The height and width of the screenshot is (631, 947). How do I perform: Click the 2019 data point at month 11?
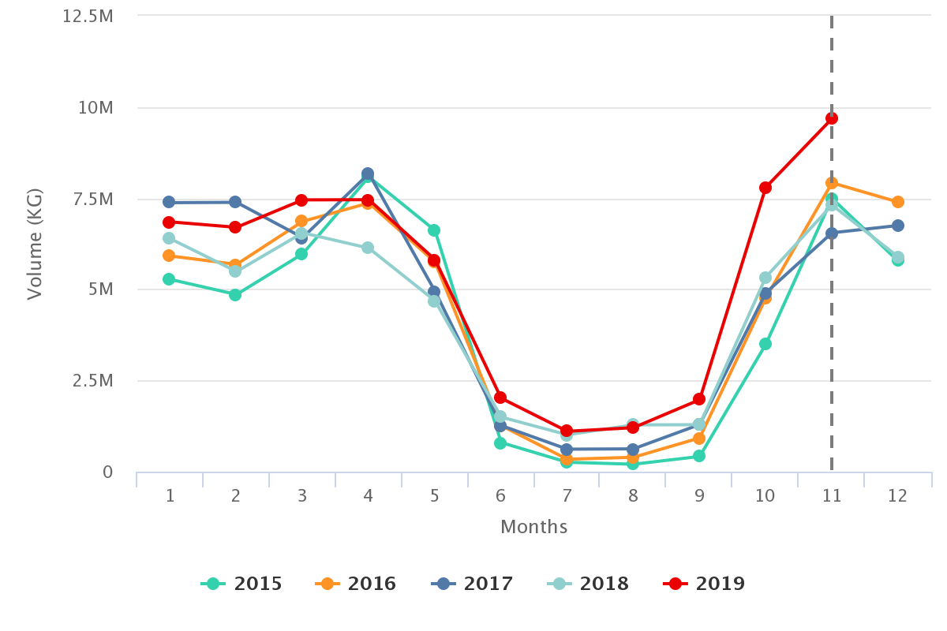832,118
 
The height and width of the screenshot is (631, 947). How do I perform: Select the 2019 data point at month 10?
765,188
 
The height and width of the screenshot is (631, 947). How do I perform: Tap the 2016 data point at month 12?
898,202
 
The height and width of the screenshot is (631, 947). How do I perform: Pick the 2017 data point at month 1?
169,203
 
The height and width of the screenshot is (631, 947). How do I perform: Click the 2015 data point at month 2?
235,295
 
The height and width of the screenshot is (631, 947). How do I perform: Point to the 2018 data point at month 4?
368,248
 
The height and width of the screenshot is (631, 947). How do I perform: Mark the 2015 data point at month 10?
765,344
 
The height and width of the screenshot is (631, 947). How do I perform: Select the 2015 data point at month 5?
434,230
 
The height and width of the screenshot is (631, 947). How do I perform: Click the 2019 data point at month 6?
500,398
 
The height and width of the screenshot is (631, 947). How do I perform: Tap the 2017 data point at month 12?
898,226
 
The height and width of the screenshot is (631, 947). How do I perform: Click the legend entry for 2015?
242,584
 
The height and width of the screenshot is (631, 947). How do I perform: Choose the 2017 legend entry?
473,584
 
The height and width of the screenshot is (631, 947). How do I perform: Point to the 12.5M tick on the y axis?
88,16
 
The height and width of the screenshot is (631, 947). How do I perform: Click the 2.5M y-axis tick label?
92,381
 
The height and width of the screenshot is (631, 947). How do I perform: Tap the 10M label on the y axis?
95,107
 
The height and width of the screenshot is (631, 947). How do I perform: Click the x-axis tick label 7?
567,496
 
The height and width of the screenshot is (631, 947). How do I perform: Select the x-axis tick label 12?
898,496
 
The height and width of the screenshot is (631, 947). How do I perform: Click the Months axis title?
533,527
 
